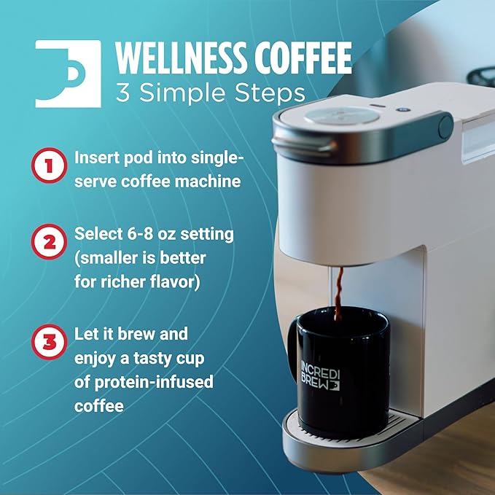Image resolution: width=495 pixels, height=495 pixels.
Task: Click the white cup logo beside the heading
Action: point(68,74)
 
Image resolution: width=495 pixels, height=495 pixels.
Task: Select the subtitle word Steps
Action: point(270,93)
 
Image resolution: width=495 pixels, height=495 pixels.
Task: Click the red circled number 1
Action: point(49,165)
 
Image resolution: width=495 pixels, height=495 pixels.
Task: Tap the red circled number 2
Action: point(49,242)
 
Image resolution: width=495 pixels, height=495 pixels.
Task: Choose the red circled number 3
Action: point(49,342)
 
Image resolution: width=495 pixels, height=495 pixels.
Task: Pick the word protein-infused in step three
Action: point(154,382)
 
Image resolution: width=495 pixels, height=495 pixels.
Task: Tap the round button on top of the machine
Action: point(342,115)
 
